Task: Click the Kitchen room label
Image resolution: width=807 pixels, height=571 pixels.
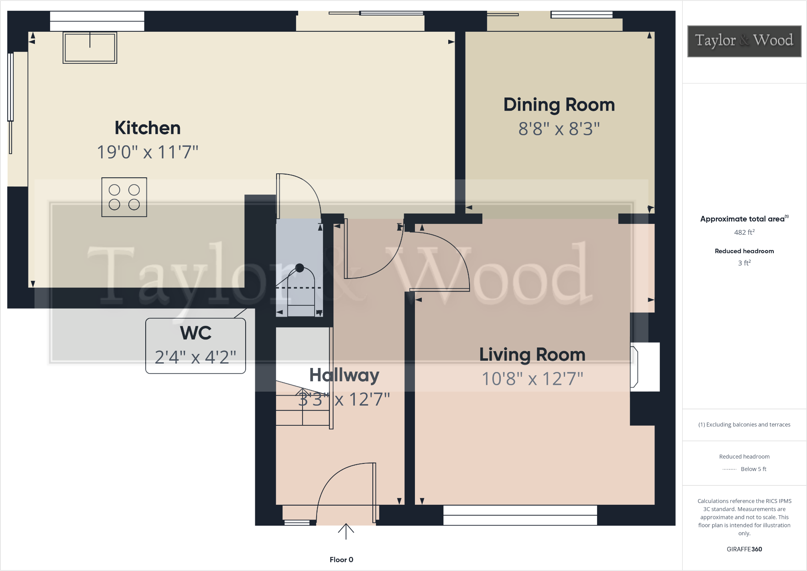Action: pyautogui.click(x=147, y=128)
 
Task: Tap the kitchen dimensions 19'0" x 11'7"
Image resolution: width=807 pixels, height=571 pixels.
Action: pyautogui.click(x=147, y=152)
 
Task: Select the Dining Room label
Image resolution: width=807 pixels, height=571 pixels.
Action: pyautogui.click(x=559, y=105)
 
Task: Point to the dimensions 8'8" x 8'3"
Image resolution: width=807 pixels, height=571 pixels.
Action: pyautogui.click(x=559, y=129)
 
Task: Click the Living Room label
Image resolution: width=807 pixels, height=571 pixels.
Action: pyautogui.click(x=532, y=355)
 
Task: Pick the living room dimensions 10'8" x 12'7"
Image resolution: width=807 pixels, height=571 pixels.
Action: pyautogui.click(x=532, y=379)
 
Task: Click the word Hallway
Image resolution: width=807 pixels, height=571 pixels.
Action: pyautogui.click(x=344, y=375)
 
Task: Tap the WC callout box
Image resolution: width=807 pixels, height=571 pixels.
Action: pyautogui.click(x=195, y=345)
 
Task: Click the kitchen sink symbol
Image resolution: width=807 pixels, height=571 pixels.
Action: pyautogui.click(x=90, y=48)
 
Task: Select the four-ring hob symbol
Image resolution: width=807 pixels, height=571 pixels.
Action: pyautogui.click(x=124, y=197)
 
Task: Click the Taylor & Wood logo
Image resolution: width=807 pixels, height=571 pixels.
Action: pyautogui.click(x=744, y=41)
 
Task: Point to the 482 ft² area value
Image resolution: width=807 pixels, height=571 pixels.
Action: pyautogui.click(x=744, y=232)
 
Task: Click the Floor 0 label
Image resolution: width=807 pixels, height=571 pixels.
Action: pyautogui.click(x=341, y=559)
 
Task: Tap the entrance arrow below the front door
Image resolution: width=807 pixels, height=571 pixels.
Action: pyautogui.click(x=346, y=532)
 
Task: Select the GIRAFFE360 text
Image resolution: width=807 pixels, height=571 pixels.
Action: pyautogui.click(x=744, y=549)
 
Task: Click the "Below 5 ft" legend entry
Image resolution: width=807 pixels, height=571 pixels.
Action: pyautogui.click(x=753, y=469)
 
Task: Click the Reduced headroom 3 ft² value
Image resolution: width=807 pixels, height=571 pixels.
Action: pyautogui.click(x=744, y=263)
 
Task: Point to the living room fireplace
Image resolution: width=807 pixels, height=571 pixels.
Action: pyautogui.click(x=644, y=367)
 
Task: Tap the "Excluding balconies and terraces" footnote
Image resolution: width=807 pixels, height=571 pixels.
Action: pyautogui.click(x=744, y=425)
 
